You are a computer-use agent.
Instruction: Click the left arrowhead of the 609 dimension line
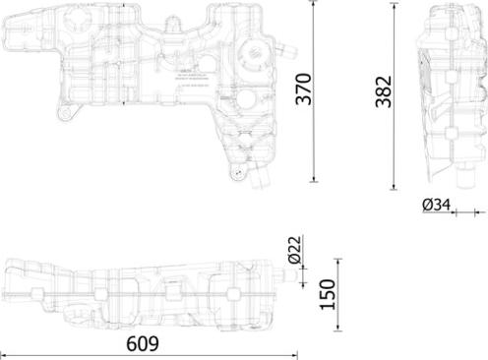coord(4,353)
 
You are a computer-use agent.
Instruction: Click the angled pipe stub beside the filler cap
coord(286,44)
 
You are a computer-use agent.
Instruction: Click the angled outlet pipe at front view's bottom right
coord(260,180)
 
